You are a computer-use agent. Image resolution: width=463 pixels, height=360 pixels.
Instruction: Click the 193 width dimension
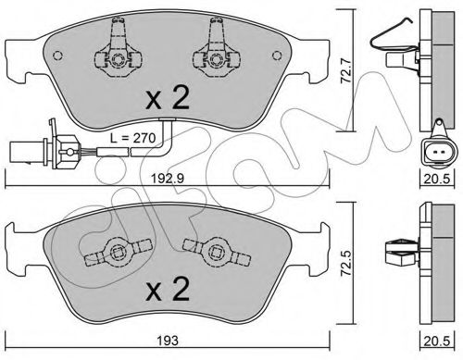tap(168, 341)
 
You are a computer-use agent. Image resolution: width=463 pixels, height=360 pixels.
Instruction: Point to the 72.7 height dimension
tap(346, 71)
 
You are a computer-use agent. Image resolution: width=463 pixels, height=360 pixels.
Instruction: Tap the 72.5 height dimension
tap(346, 264)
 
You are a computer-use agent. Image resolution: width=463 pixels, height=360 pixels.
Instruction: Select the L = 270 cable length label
tap(132, 138)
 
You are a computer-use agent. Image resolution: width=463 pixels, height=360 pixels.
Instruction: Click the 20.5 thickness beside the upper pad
tap(437, 179)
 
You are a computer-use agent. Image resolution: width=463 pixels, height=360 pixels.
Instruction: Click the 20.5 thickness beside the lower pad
tap(437, 341)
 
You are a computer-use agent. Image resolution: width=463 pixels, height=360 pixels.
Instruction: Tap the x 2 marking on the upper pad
tap(168, 98)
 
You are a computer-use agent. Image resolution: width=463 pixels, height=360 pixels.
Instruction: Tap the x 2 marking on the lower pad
tap(168, 289)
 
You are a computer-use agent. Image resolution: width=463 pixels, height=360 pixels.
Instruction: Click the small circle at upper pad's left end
tap(57, 56)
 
